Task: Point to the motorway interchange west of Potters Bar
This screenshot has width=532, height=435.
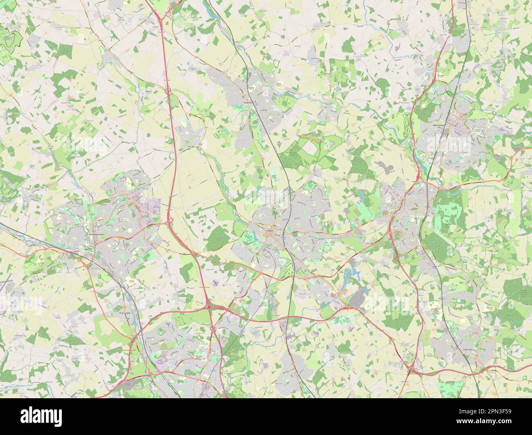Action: [410, 370]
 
